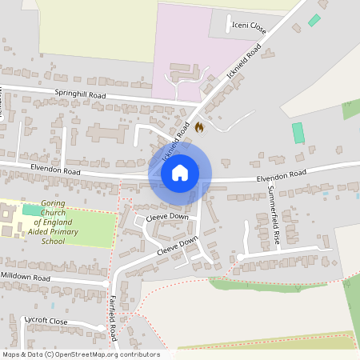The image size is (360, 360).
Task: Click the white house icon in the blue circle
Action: [180, 172]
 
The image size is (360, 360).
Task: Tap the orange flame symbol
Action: [199, 126]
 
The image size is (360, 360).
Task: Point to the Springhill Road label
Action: [80, 94]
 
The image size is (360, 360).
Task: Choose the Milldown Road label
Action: [26, 276]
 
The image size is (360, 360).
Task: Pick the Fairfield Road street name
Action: [114, 316]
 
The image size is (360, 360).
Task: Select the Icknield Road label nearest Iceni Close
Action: [244, 62]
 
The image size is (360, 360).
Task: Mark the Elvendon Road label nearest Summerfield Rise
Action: [282, 174]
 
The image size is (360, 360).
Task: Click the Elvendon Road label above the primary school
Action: [55, 170]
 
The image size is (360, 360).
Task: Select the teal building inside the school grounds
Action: [33, 210]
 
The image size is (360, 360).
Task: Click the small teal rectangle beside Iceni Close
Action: [314, 20]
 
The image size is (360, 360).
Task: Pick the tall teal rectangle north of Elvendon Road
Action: [298, 133]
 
